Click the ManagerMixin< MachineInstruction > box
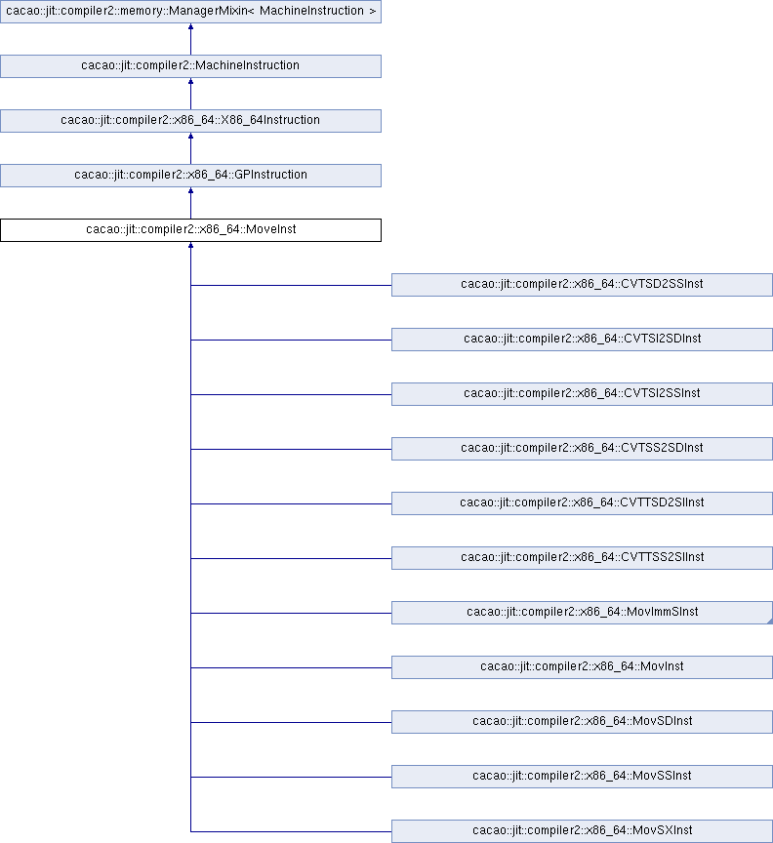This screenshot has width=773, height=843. click(x=190, y=12)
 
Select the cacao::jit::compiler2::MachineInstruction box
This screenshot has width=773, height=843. click(x=190, y=66)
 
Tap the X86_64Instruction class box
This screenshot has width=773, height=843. click(x=190, y=121)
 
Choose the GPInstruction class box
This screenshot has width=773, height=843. click(x=190, y=176)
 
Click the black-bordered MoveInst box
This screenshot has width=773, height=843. click(x=190, y=230)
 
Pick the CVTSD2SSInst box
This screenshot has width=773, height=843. click(x=582, y=285)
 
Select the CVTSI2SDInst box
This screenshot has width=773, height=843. click(x=582, y=340)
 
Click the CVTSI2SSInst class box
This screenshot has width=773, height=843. click(x=582, y=394)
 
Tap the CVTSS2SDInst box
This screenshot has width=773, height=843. click(x=582, y=449)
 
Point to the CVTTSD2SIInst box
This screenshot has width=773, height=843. click(x=582, y=503)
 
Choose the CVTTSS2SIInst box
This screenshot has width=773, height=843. click(x=582, y=558)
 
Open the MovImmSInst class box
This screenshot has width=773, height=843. click(x=582, y=613)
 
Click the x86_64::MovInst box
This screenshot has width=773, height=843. click(x=582, y=667)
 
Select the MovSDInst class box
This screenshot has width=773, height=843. click(x=582, y=722)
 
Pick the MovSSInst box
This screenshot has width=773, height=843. click(x=582, y=777)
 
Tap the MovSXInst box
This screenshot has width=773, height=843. click(x=582, y=831)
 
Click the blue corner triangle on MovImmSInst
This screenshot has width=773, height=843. click(x=770, y=622)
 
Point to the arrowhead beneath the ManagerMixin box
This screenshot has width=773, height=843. click(x=190, y=26)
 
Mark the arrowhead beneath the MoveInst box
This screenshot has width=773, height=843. click(x=190, y=245)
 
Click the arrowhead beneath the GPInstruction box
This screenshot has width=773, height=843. click(x=190, y=190)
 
